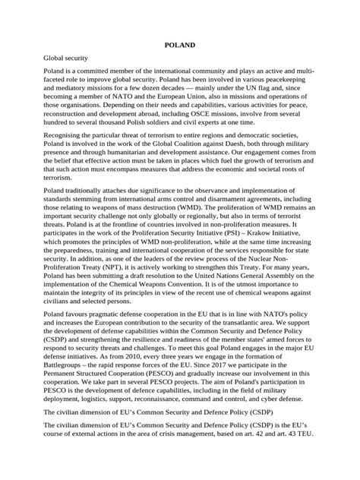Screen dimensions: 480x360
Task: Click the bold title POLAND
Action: tap(181, 45)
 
